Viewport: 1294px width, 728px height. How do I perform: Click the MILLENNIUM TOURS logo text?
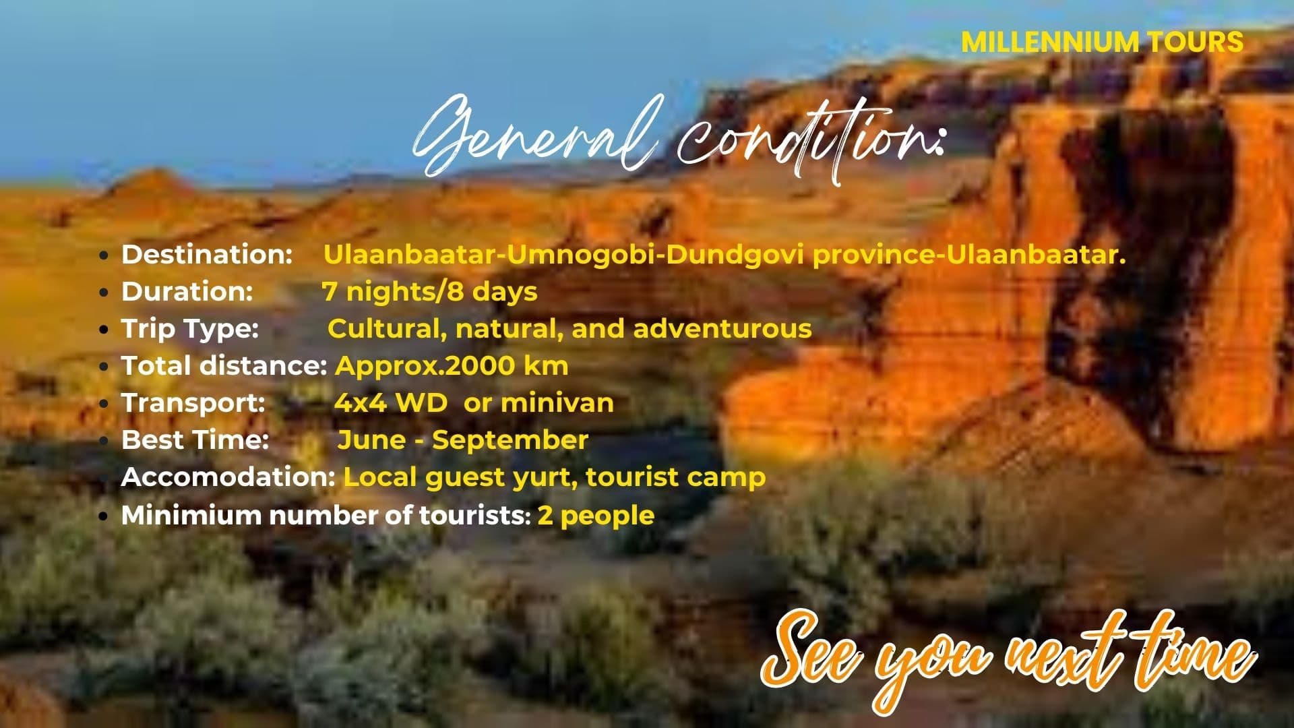coord(1102,42)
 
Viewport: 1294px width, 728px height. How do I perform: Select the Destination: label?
coord(207,254)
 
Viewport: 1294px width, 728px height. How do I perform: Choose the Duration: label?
coord(187,291)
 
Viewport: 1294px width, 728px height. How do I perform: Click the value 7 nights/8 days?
coord(429,292)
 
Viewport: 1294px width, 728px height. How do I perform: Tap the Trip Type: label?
coord(190,329)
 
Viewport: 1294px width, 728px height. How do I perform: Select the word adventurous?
coord(722,328)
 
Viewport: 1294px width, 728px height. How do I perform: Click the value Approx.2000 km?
coord(452,366)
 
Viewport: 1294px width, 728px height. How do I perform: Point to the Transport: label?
coord(193,403)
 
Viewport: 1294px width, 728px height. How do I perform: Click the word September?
coord(510,441)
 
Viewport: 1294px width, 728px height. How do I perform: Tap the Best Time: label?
coord(195,439)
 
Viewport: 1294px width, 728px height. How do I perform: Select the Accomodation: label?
coord(228,477)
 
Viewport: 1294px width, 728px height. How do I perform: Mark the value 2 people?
coord(596,516)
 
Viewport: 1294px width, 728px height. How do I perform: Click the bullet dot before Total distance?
coord(104,367)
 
